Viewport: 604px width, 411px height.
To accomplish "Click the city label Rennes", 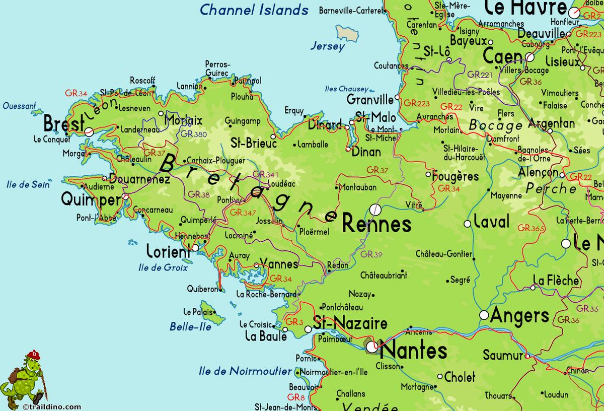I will coord(376,224).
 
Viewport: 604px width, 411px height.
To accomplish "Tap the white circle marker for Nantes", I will coord(372,347).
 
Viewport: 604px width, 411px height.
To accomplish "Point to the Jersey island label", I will coord(328,46).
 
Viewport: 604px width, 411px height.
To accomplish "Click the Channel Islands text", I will coord(254,10).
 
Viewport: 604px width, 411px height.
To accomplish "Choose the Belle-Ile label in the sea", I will coord(190,326).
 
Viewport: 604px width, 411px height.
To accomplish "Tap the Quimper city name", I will coord(91,199).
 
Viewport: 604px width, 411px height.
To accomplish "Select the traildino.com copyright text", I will coord(52,406).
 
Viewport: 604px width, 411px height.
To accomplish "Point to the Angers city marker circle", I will coord(484,315).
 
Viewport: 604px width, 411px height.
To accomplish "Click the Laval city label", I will coord(492,222).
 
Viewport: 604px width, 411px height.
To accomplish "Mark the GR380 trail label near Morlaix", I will coord(194,134).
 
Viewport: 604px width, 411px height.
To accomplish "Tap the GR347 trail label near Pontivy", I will coord(243,212).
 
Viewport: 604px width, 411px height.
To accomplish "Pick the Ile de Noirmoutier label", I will coord(245,371).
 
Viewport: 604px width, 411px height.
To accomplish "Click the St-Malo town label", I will coord(375,117).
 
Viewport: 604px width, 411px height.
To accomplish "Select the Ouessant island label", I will coord(19,106).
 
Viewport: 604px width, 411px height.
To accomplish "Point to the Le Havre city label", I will coord(525,8).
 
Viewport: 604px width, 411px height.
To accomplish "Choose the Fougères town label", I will coord(456,176).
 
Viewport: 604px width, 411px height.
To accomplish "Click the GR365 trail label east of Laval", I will coord(531,228).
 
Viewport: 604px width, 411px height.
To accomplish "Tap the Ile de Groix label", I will coord(163,267).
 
